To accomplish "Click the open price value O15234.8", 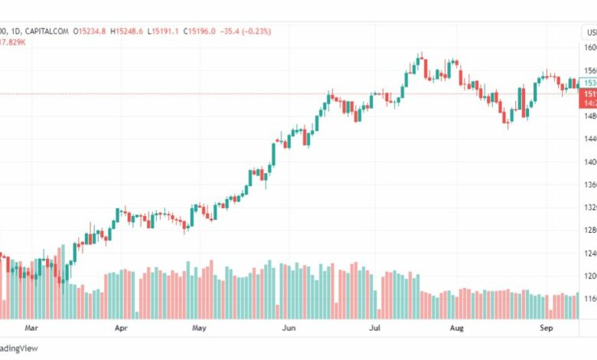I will pos(93,31).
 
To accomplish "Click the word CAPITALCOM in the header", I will pos(47,31).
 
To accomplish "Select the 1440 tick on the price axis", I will pos(589,139).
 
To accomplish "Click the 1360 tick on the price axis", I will pos(589,185).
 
